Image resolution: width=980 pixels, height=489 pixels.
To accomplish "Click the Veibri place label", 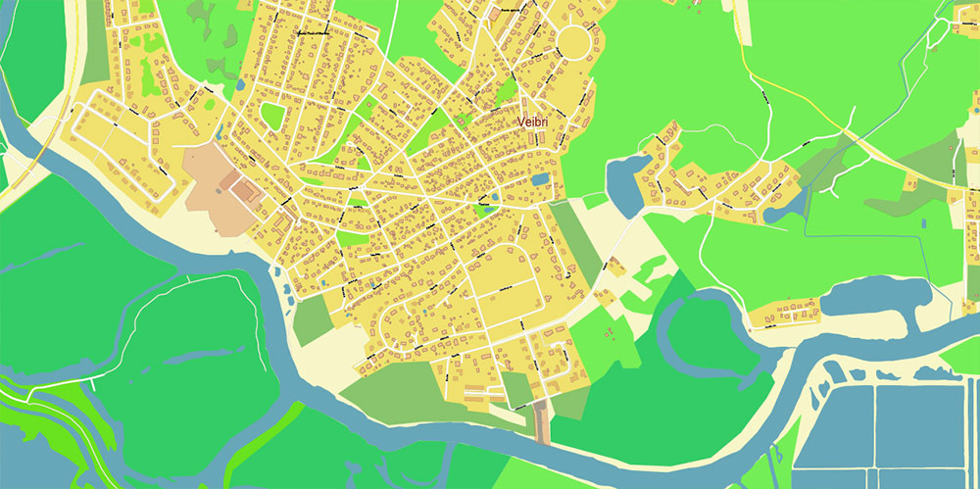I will point(535,122).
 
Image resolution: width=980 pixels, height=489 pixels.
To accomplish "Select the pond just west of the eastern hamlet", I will point(623,177).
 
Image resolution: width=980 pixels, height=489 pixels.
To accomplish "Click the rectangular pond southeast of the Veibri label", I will point(539,179).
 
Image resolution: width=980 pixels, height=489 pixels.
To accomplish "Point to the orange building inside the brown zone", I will point(236,184).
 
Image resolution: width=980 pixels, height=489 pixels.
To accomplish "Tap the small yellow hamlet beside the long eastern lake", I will point(784,313).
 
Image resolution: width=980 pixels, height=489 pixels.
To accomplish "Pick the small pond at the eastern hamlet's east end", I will point(779,212).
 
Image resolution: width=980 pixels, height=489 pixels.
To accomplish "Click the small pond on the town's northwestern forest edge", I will point(240,85).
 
